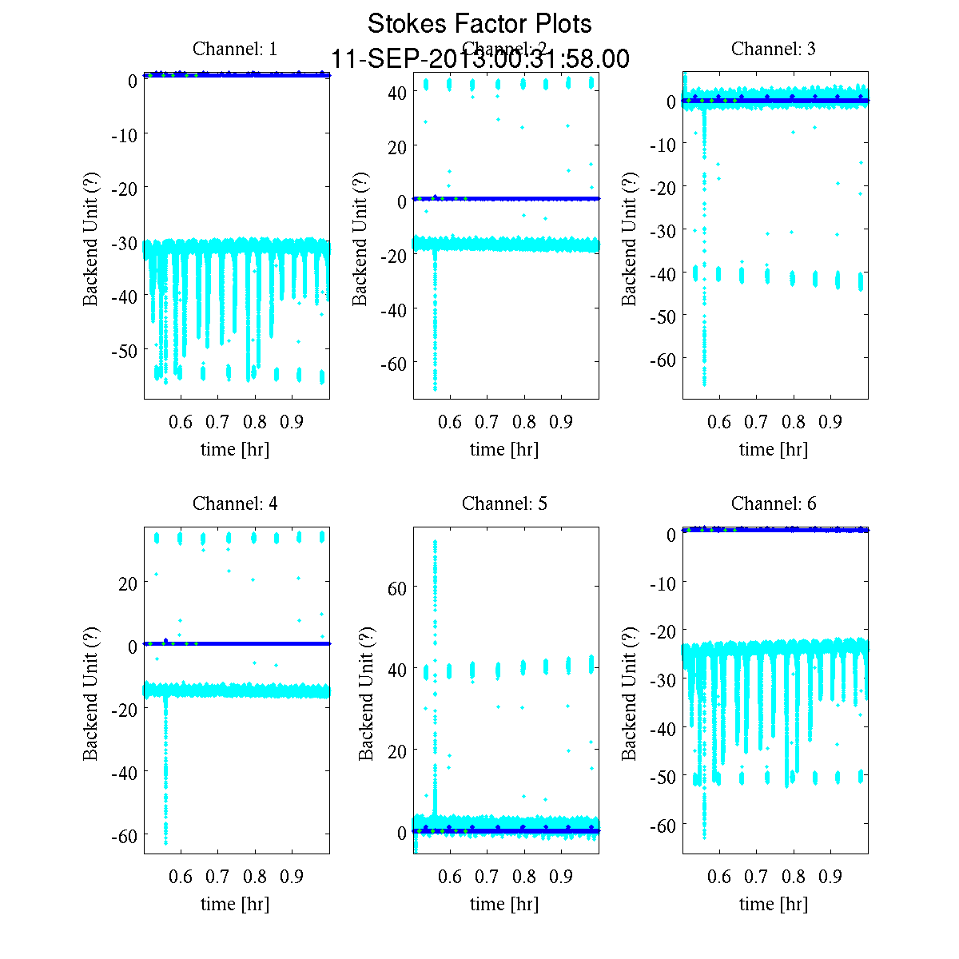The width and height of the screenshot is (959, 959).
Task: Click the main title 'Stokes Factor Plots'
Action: pyautogui.click(x=479, y=24)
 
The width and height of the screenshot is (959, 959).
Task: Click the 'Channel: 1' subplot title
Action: pyautogui.click(x=235, y=49)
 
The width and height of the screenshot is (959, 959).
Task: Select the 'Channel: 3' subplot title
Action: pyautogui.click(x=774, y=49)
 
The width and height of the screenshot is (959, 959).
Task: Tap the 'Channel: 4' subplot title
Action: pyautogui.click(x=235, y=503)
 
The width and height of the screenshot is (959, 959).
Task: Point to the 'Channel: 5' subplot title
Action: pyautogui.click(x=504, y=503)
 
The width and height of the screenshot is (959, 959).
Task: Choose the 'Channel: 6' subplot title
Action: pyautogui.click(x=774, y=503)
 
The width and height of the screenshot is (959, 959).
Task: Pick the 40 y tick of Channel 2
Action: pyautogui.click(x=397, y=92)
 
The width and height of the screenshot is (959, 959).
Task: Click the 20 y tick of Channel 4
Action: pyautogui.click(x=128, y=583)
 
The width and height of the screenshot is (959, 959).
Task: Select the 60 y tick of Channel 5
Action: pyautogui.click(x=397, y=588)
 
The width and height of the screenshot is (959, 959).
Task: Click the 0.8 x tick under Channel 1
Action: pyautogui.click(x=255, y=421)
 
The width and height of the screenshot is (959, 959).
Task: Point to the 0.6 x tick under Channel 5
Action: pyautogui.click(x=451, y=876)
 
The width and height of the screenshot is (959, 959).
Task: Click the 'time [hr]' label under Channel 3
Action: pyautogui.click(x=774, y=449)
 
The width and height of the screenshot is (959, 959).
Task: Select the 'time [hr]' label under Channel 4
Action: pyautogui.click(x=235, y=904)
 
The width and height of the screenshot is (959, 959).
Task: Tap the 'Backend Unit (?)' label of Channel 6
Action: pyautogui.click(x=630, y=693)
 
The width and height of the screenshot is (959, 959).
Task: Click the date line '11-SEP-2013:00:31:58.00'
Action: pyautogui.click(x=479, y=59)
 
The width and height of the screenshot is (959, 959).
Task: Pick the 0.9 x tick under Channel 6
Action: pyautogui.click(x=830, y=876)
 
